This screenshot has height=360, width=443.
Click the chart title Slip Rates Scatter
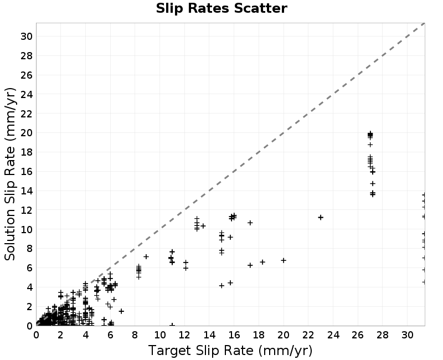point(221,8)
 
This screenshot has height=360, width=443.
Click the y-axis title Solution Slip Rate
point(10,174)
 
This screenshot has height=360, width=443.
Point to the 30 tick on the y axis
point(26,37)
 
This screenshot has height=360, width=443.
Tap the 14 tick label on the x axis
point(209,335)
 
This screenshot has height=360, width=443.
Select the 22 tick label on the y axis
point(26,114)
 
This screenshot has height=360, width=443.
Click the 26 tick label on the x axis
point(358,335)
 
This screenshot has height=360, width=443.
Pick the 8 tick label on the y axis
point(29,249)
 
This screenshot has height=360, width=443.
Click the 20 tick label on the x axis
point(284,335)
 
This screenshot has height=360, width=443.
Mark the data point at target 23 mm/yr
point(321,217)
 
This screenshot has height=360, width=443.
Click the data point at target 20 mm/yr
point(284,260)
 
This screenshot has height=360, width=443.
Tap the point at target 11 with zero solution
point(172,325)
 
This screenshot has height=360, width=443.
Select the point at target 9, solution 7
point(146,256)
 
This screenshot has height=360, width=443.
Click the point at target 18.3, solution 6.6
point(262,262)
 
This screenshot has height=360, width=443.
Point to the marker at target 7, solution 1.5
point(121,311)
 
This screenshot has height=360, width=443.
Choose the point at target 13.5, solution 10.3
point(203,226)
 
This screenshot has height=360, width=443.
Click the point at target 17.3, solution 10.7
point(250,223)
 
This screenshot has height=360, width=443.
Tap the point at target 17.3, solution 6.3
point(250,265)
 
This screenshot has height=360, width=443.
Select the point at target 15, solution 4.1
point(222,286)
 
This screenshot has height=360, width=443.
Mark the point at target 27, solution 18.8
point(370,145)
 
